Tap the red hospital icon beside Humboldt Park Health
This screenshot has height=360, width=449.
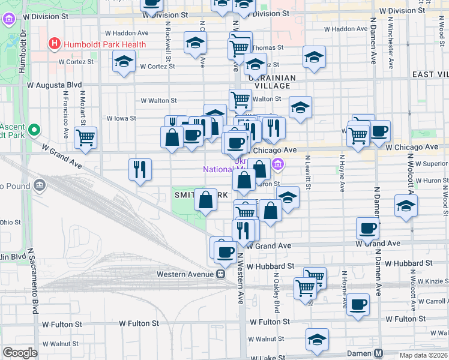55,44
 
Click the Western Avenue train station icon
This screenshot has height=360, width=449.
220,274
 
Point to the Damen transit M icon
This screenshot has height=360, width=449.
379,353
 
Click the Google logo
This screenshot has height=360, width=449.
20,353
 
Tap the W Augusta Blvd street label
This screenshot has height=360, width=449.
54,85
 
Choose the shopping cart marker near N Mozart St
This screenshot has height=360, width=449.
85,136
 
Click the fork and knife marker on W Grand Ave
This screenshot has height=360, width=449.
140,169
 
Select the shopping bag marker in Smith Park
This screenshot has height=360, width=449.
205,200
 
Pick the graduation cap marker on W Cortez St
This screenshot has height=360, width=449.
124,61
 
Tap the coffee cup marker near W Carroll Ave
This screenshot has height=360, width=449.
358,304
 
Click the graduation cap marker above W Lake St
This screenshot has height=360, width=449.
317,339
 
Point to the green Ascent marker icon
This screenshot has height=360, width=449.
34,129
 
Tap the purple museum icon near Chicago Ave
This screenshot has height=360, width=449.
277,164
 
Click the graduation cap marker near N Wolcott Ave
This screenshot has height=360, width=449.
406,206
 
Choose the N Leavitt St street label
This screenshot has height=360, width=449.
307,172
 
